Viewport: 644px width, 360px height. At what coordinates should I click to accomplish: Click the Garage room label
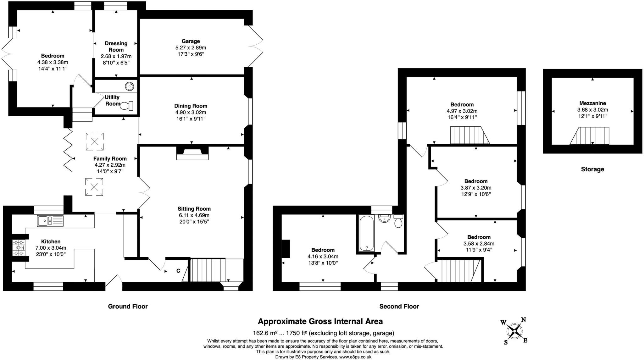click(x=191, y=41)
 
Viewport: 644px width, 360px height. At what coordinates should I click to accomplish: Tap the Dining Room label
click(x=191, y=106)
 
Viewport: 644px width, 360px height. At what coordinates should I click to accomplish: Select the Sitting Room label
click(x=194, y=209)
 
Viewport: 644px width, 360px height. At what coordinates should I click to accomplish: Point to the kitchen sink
click(x=50, y=221)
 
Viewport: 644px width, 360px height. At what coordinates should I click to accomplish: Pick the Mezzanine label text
click(x=592, y=103)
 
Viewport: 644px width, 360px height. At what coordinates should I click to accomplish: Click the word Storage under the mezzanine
click(x=592, y=169)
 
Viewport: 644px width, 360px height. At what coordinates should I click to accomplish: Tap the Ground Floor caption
click(x=128, y=306)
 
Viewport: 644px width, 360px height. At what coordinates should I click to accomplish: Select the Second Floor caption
click(x=399, y=306)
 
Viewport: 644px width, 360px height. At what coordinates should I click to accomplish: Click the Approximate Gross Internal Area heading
click(x=320, y=321)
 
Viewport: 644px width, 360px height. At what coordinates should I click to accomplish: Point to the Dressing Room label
click(x=116, y=47)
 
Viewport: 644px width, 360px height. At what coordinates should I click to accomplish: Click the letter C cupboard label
click(x=178, y=271)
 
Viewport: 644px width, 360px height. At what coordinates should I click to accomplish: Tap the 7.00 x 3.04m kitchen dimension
click(x=51, y=248)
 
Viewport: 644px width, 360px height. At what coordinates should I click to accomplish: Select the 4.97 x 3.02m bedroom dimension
click(x=462, y=111)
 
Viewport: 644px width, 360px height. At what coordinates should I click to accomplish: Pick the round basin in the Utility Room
click(x=129, y=86)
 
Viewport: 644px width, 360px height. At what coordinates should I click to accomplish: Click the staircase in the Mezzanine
click(x=589, y=136)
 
